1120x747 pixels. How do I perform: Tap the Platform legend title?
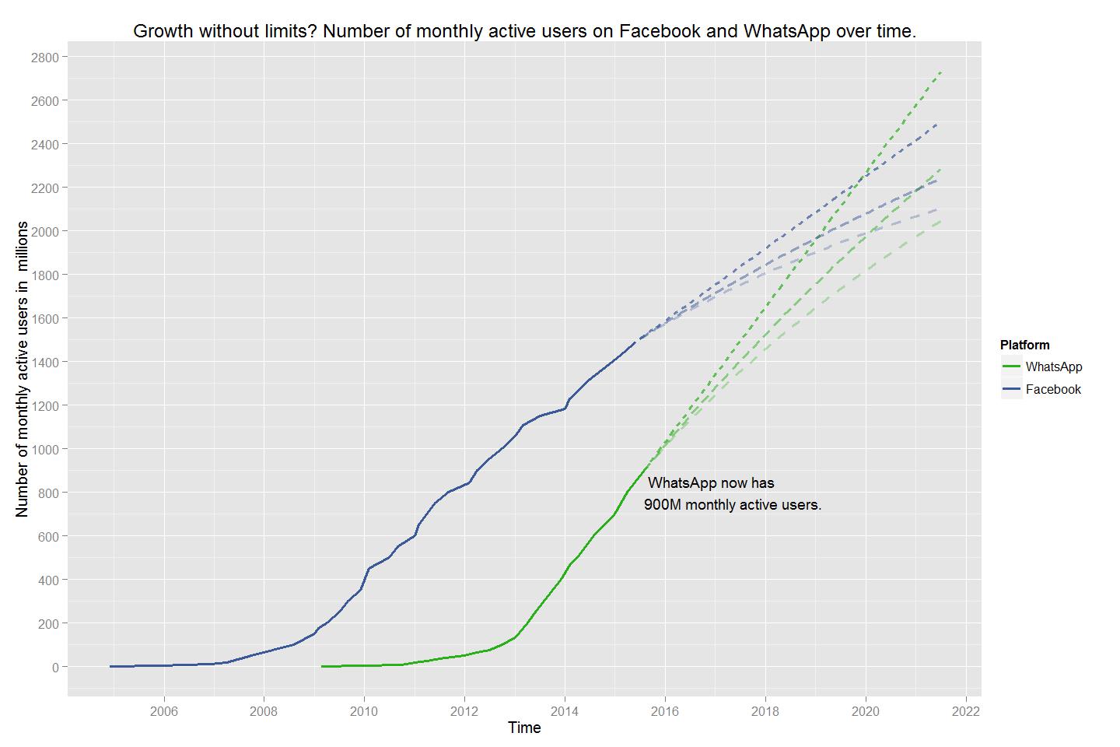click(x=1024, y=345)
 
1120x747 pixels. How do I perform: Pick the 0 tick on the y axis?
click(x=55, y=667)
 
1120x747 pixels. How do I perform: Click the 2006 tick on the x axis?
click(x=163, y=710)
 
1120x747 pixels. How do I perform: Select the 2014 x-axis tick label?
click(x=565, y=710)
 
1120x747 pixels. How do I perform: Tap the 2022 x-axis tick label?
click(x=966, y=710)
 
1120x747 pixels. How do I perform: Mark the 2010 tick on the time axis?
click(x=364, y=710)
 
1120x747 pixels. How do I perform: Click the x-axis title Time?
click(x=524, y=728)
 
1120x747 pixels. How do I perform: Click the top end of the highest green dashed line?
click(x=941, y=72)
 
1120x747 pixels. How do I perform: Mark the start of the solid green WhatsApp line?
click(x=322, y=666)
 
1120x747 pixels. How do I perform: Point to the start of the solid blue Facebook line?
click(x=110, y=666)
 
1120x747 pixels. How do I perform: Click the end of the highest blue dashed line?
click(x=937, y=124)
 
